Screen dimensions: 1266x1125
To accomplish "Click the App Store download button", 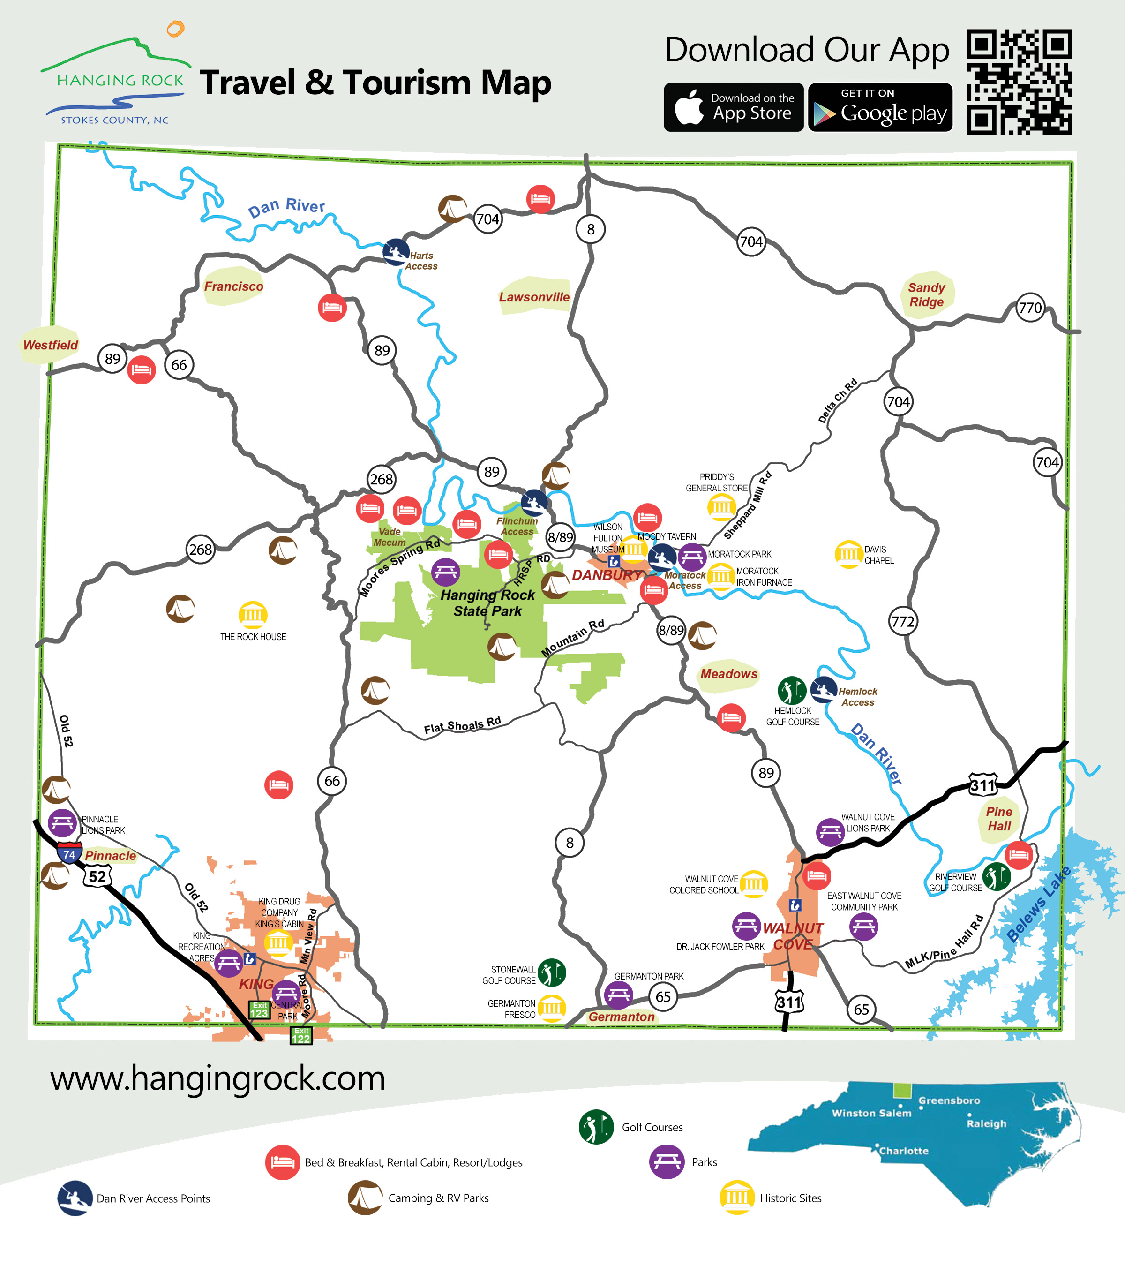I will (x=734, y=107).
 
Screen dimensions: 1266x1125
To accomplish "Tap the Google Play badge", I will (x=880, y=107).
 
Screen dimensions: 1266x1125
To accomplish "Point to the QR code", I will (x=1019, y=81).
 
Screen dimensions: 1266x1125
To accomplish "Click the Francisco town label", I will (x=233, y=286).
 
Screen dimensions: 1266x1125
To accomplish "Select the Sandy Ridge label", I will (x=926, y=295).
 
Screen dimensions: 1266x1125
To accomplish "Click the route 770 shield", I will (x=1030, y=308).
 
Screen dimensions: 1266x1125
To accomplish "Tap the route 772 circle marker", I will (x=903, y=621).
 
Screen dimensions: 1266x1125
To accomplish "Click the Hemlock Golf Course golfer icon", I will (x=791, y=690).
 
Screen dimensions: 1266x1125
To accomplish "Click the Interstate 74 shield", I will (x=69, y=853).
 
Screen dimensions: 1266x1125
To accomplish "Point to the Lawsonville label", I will (x=534, y=297).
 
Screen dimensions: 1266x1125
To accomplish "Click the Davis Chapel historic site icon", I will (x=848, y=554).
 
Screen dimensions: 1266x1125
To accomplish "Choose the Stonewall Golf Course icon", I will (x=552, y=972).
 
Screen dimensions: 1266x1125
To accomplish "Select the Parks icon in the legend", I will (x=667, y=1162).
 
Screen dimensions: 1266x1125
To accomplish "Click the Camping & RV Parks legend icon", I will (x=365, y=1197).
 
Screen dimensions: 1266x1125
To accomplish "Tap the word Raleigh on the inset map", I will (x=986, y=1123).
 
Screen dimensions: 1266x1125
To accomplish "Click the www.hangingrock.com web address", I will (x=218, y=1078).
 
